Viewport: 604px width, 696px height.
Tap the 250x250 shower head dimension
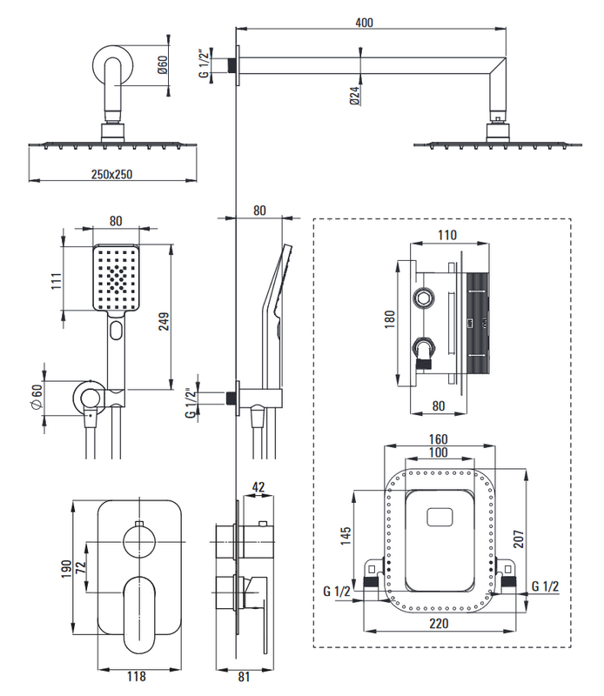pos(111,174)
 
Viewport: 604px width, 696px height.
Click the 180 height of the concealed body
pos(389,322)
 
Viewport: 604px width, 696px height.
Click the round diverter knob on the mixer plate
pos(138,545)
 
